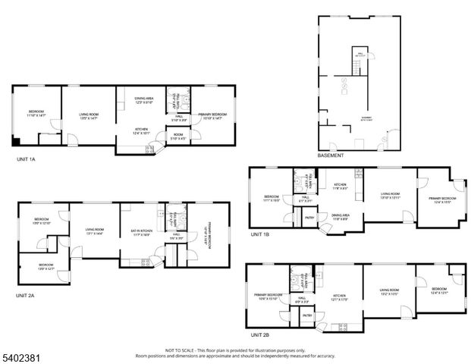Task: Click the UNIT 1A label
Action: pyautogui.click(x=26, y=160)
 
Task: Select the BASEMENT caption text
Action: pyautogui.click(x=331, y=155)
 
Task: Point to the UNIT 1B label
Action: pyautogui.click(x=260, y=234)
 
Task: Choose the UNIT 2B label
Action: pyautogui.click(x=260, y=334)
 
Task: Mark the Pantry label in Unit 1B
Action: pyautogui.click(x=309, y=218)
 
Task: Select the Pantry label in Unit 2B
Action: pyautogui.click(x=307, y=315)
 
